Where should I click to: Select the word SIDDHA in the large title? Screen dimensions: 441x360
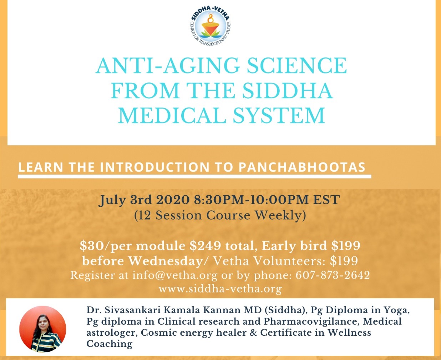pyautogui.click(x=288, y=90)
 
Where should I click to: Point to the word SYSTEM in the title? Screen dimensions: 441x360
pyautogui.click(x=279, y=115)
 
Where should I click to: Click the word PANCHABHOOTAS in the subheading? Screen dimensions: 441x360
pyautogui.click(x=302, y=167)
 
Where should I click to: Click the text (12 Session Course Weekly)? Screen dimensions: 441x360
pyautogui.click(x=220, y=216)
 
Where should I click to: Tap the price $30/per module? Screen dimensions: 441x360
pyautogui.click(x=133, y=246)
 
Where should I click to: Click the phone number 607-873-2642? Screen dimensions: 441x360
pyautogui.click(x=333, y=275)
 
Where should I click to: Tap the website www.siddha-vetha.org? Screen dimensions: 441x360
pyautogui.click(x=220, y=289)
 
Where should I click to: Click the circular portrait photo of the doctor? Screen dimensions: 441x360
pyautogui.click(x=43, y=329)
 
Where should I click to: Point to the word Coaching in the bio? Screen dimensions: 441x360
pyautogui.click(x=110, y=344)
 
